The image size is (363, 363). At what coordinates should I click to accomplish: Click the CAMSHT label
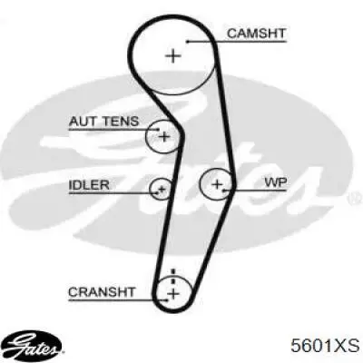point(256,33)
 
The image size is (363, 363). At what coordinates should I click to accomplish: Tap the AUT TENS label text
point(103,122)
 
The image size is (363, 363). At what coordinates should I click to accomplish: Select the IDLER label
point(89,185)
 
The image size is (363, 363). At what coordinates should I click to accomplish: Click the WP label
point(276,182)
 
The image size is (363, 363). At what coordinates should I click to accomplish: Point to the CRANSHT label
point(102,292)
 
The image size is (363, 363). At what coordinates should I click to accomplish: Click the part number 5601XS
point(325,346)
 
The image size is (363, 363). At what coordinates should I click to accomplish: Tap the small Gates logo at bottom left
point(34,345)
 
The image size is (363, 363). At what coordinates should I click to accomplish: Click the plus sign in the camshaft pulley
point(173,56)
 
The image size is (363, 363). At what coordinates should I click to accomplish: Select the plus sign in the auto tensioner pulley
point(164,137)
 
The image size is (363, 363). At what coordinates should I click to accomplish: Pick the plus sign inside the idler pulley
point(162,190)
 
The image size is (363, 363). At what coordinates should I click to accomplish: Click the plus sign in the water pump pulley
point(217,184)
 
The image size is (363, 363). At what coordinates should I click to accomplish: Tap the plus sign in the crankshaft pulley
point(173,293)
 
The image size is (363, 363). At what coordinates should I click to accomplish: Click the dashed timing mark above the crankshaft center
point(173,276)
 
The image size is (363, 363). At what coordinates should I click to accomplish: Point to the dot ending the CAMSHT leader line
point(188,42)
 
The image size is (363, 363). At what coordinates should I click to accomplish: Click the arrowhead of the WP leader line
point(225,191)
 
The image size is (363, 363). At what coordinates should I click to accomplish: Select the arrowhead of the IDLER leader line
point(156,192)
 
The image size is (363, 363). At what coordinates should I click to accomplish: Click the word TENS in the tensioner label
point(121,122)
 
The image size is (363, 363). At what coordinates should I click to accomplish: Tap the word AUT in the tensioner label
point(83,122)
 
